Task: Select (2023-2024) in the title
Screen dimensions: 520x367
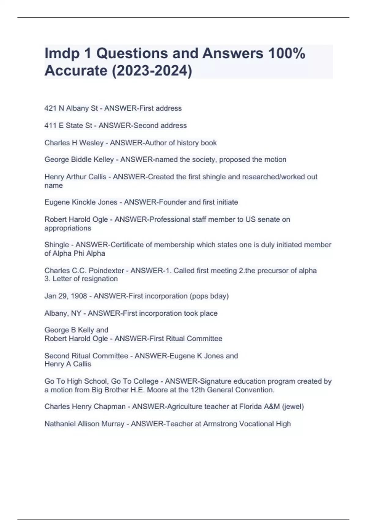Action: (x=152, y=71)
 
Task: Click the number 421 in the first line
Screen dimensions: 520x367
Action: (x=50, y=108)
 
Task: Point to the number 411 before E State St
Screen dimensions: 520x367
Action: (x=50, y=125)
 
